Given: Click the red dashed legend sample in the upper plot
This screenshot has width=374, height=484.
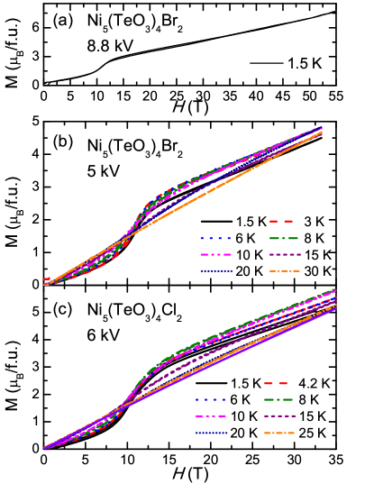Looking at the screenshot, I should pos(281,221).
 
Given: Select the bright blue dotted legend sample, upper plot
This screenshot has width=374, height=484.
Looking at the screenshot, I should pos(215,238).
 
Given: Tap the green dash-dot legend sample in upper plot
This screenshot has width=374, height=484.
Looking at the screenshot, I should pos(284,238).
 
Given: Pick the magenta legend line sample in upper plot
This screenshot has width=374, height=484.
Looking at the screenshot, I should pos(215,255).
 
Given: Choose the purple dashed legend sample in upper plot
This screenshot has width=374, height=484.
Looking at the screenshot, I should pos(284,255).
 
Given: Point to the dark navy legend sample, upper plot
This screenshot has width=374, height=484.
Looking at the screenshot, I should pos(215,271).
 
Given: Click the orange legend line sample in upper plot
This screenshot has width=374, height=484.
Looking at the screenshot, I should pos(284,271).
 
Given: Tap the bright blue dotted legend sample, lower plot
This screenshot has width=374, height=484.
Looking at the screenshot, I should pos(211,399).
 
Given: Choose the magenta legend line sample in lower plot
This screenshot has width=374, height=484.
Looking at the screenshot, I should pos(211,416).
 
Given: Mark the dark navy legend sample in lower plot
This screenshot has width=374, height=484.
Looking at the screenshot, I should pos(211,434).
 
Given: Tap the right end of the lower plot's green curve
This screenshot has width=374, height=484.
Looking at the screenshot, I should pos(335,290).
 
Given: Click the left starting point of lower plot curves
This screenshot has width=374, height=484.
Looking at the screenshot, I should pos(44,448).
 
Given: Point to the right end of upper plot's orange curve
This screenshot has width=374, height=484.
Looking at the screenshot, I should pos(322,133).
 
